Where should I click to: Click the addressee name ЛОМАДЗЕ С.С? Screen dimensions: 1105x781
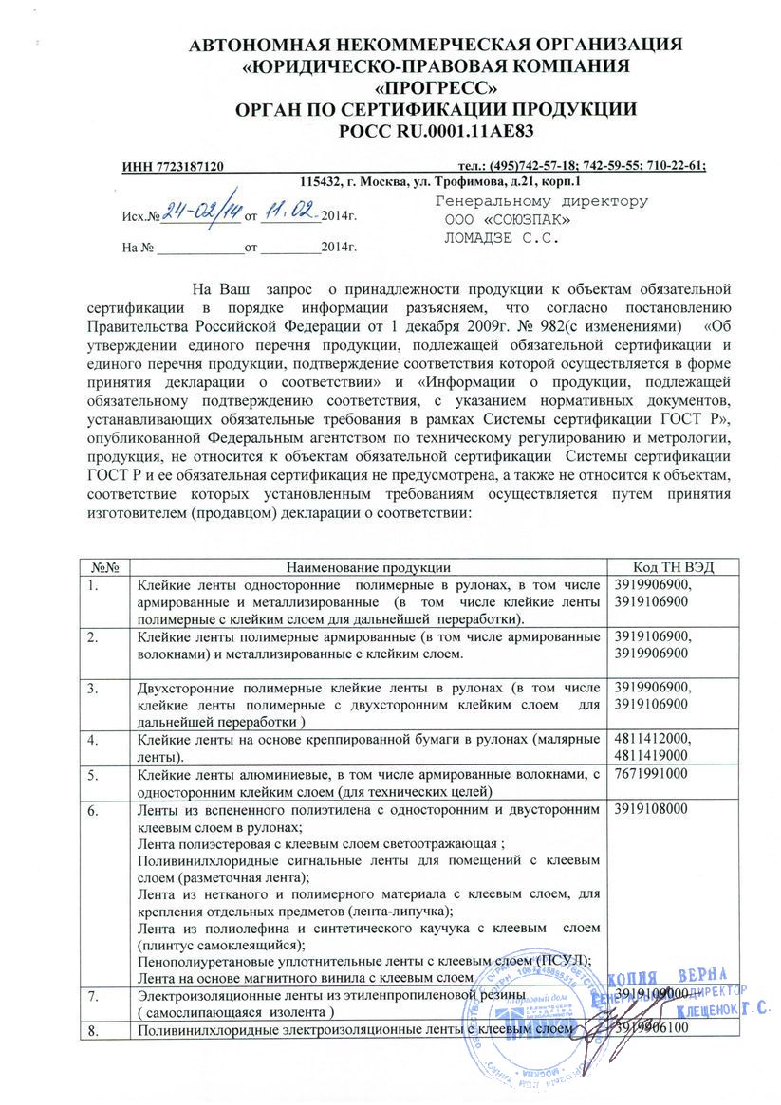pos(503,238)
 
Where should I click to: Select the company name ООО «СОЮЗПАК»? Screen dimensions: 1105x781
pos(508,220)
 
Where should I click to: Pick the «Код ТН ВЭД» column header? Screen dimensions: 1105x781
pos(673,566)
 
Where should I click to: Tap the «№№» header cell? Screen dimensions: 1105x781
pos(104,566)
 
